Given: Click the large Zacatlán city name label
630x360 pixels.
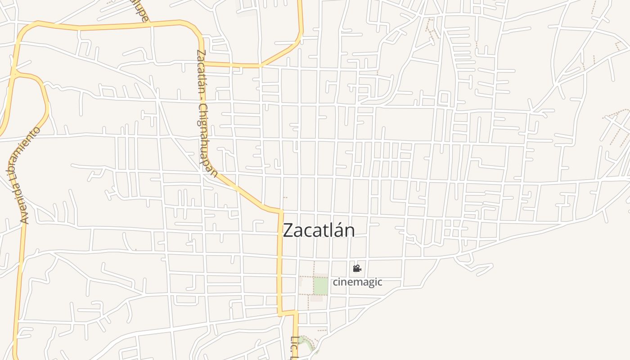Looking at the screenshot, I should (x=319, y=230).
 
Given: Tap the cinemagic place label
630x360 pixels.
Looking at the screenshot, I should (x=357, y=282).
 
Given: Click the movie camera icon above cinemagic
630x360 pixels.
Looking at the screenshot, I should (x=357, y=269).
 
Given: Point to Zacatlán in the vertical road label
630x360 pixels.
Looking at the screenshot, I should (x=201, y=67).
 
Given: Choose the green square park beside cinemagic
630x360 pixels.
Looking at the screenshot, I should (x=320, y=286).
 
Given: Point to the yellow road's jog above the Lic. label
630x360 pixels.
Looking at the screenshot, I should (x=288, y=312).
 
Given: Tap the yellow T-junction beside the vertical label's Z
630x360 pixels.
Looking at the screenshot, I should (x=203, y=63).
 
